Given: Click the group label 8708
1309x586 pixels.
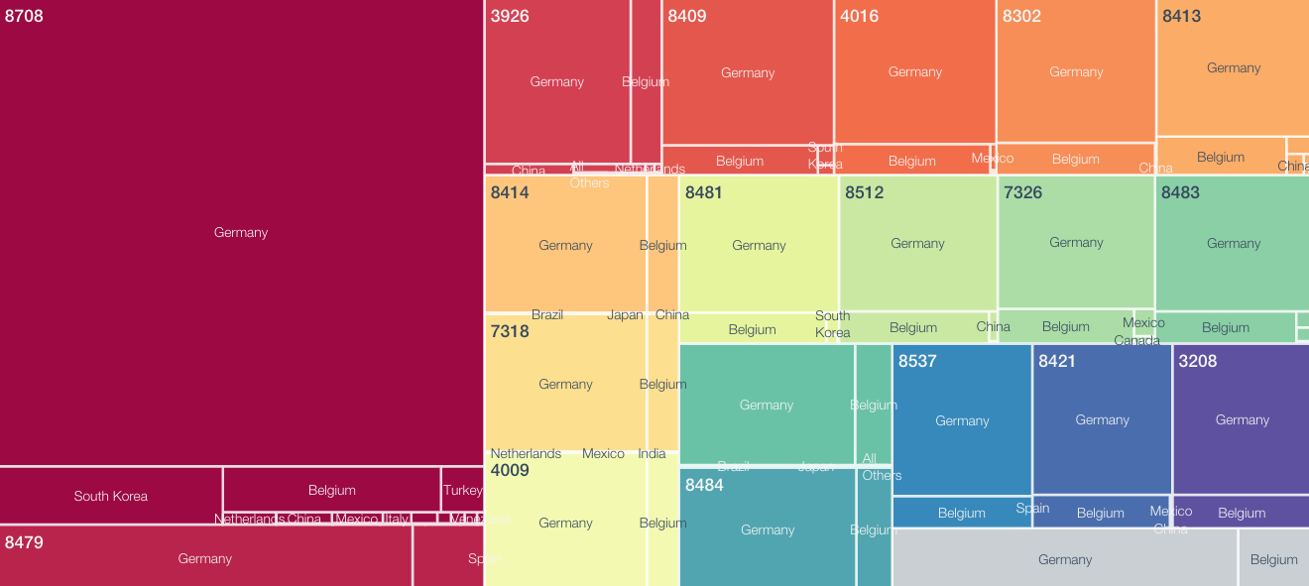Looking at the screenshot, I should click(24, 16).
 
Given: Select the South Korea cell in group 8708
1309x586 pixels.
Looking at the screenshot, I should click(110, 496).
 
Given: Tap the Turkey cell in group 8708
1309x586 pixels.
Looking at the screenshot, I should click(462, 490).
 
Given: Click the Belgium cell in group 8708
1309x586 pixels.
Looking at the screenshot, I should click(331, 490).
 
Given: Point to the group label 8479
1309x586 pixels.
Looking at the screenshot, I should click(24, 542).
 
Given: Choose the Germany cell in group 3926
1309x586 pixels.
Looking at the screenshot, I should click(556, 81).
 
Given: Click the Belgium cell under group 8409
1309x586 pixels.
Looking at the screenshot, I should click(739, 161).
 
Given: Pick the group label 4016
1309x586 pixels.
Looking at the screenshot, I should click(859, 16).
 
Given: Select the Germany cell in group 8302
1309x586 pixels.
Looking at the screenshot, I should click(1076, 71).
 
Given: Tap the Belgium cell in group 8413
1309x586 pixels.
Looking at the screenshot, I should click(1220, 157).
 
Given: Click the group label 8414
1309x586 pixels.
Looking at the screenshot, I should click(510, 192).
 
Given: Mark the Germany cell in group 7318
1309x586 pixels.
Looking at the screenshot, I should click(565, 384).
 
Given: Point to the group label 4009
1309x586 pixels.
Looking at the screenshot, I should click(510, 470).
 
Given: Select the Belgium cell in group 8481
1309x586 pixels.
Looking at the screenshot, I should click(752, 329).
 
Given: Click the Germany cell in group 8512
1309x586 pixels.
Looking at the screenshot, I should click(917, 243).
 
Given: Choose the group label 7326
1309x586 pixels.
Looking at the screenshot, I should click(1022, 192).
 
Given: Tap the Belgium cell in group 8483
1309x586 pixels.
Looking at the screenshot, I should click(1225, 327).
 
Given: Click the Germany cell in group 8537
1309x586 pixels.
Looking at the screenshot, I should click(962, 420).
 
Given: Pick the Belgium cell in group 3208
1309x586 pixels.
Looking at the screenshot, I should click(1242, 513).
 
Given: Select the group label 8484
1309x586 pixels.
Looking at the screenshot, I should click(704, 485).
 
